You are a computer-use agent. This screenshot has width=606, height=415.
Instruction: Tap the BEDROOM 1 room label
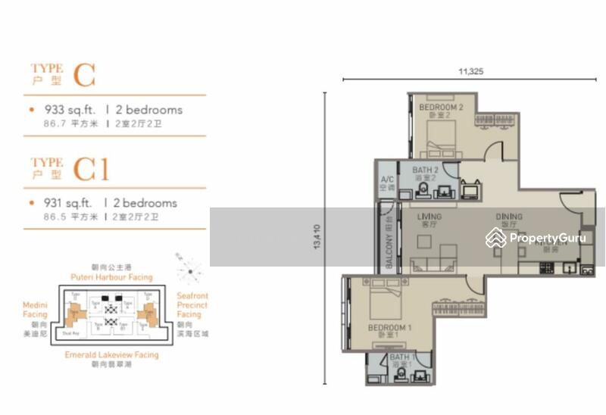click(x=389, y=328)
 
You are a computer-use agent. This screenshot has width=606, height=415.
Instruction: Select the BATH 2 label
click(x=425, y=170)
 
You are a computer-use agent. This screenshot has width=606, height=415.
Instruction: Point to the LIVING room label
click(x=430, y=217)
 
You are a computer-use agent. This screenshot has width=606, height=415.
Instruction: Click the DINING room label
click(x=509, y=217)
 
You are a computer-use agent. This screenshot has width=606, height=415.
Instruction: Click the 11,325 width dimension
click(x=470, y=71)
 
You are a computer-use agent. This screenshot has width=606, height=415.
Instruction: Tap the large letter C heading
click(x=85, y=76)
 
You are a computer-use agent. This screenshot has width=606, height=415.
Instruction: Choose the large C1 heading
click(x=91, y=170)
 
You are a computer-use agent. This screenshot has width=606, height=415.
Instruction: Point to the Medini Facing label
click(x=35, y=310)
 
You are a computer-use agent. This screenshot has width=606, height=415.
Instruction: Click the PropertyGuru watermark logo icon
click(x=496, y=238)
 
